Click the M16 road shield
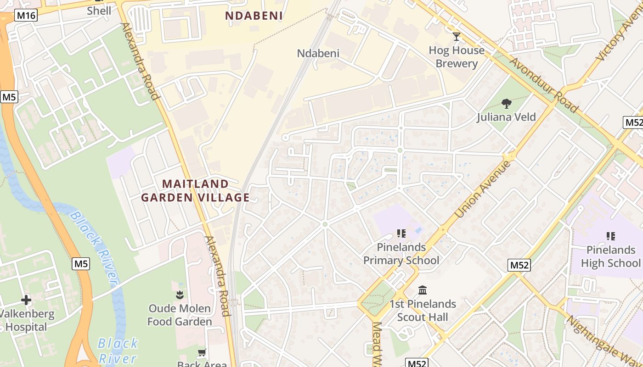point(26,16)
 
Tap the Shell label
point(99,11)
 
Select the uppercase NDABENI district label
point(254,16)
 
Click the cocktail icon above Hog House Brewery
point(457,37)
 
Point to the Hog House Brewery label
point(457,57)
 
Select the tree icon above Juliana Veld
point(507,104)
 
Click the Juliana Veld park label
point(506,117)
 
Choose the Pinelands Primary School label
point(401,254)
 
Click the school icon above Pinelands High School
point(610,236)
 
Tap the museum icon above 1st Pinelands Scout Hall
point(423,290)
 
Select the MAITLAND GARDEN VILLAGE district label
point(195,191)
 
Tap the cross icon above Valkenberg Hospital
point(26,300)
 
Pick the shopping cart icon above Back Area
point(202,353)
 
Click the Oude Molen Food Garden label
point(180,315)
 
